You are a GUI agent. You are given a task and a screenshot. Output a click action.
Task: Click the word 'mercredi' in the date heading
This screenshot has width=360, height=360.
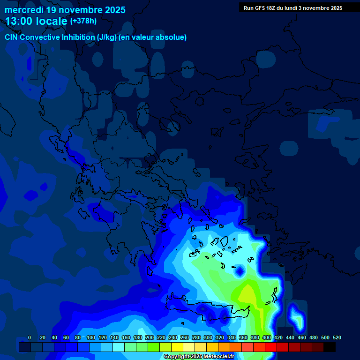coord(24,10)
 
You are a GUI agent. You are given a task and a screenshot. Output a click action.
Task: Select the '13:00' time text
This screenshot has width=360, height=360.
coord(18,21)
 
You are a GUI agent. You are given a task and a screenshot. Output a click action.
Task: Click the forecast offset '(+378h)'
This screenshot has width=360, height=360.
coord(83,21)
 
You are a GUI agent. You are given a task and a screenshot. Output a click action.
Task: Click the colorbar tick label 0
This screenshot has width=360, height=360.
coord(30,337)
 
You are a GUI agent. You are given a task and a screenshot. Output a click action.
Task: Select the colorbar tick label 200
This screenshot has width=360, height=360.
coord(150,337)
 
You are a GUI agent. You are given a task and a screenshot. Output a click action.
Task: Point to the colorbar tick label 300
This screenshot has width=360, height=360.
coord(208,337)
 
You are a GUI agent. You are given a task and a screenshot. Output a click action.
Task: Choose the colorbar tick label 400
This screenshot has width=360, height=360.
coord(267,337)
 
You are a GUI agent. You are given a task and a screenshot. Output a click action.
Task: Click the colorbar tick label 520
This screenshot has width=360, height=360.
coord(337,337)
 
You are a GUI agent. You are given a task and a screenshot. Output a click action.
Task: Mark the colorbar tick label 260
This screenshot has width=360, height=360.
coord(185,337)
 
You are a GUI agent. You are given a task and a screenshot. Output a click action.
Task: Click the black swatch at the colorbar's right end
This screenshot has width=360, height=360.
coord(330,347)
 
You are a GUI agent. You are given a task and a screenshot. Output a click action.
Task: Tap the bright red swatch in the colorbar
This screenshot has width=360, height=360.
coord(271,347)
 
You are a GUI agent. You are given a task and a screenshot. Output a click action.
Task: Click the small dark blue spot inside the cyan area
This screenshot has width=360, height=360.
coord(240,270)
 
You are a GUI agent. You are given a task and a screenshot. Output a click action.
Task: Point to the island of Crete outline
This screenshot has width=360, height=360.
coord(206,309)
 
